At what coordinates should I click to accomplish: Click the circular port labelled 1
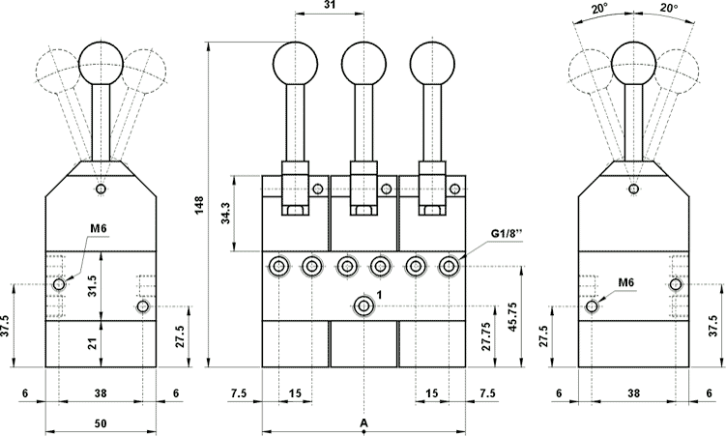[363, 306]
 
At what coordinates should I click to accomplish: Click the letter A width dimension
[363, 423]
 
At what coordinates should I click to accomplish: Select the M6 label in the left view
[98, 229]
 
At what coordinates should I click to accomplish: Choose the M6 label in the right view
[625, 281]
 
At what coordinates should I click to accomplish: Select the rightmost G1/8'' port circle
[448, 265]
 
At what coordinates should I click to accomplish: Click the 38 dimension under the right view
[632, 394]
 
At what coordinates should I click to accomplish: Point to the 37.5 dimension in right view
[714, 322]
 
